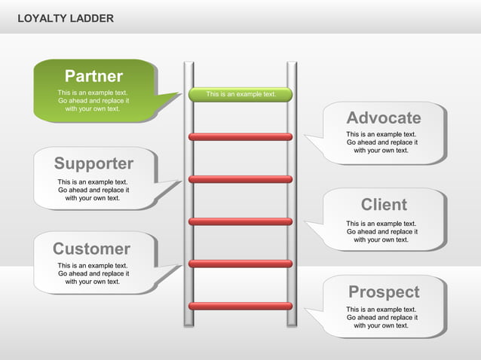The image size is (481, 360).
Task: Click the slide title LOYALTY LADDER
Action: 66,18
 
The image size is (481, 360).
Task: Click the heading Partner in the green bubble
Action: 93,76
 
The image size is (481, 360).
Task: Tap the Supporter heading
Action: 93,163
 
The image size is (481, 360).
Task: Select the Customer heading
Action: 91,249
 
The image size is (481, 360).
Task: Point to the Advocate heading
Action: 383,117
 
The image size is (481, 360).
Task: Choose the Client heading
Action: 384,204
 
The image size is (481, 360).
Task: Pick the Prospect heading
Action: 383,291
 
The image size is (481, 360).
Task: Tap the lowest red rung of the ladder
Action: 240,306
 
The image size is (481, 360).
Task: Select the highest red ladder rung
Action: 240,137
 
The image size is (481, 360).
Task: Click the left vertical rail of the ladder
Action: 188,226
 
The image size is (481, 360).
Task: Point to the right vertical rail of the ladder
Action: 291,226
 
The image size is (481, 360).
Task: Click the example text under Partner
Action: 93,101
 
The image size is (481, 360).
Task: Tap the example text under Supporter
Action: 93,190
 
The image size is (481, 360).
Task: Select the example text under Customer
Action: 93,273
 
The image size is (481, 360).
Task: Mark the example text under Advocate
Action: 381,142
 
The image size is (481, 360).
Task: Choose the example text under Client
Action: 381,231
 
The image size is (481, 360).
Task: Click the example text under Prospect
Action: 381,317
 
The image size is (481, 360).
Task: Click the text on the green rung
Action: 240,94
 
